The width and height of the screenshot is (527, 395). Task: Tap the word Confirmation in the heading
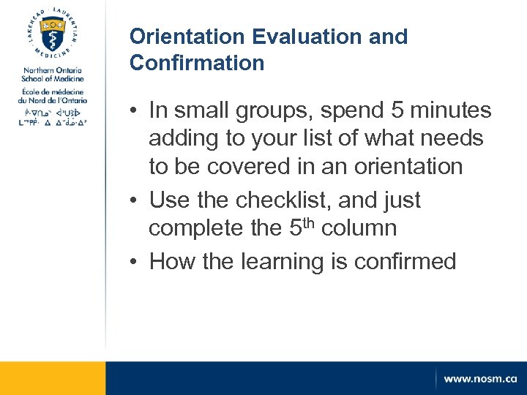197,63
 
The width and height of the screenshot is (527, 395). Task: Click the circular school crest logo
53,35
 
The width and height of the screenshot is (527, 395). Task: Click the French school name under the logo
53,95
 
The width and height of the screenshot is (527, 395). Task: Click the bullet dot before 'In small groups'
136,111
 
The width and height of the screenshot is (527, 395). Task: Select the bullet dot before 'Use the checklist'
136,200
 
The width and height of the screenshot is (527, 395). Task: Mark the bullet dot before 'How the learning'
136,262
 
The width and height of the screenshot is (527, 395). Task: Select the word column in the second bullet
360,228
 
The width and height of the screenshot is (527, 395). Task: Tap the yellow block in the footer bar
53,378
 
